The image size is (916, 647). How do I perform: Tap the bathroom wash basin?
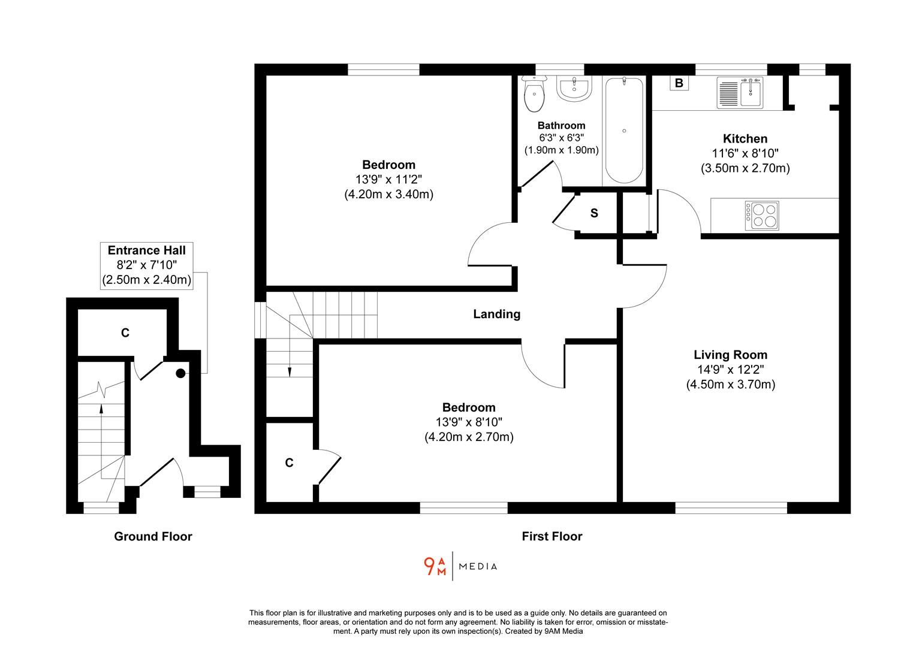coord(574,88)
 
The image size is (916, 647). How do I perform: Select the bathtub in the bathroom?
coord(624,130)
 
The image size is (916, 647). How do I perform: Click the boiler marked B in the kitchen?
coord(679,83)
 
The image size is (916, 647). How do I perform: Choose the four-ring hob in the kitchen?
coord(762,216)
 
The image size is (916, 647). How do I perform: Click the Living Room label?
coord(730,355)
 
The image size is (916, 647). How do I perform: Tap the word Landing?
coord(496,314)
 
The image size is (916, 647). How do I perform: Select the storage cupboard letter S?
coord(594,213)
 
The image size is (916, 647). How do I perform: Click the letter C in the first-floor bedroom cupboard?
coord(289,462)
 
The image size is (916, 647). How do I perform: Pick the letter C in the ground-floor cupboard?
coord(125,332)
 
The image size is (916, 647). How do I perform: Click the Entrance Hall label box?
coord(147,265)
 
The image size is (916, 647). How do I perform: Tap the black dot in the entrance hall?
coord(180,373)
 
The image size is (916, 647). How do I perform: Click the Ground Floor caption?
coord(153,536)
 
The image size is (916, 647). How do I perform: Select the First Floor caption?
coord(552,536)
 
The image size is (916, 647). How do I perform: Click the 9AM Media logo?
coord(460,566)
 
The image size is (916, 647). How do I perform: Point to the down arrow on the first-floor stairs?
coord(290,371)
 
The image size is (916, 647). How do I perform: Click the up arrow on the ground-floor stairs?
coord(101,409)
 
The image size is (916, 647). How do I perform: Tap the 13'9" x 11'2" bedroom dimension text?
coord(388,179)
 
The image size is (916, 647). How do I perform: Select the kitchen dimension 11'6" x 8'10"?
coord(745,153)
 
